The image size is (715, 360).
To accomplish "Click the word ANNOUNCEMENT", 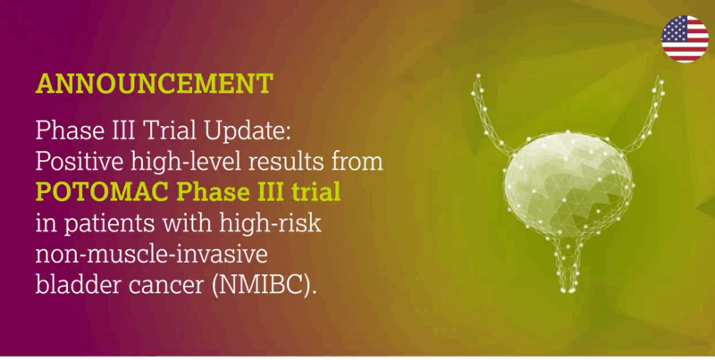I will (155, 84).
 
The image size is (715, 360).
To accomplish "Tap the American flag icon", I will (685, 38).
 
